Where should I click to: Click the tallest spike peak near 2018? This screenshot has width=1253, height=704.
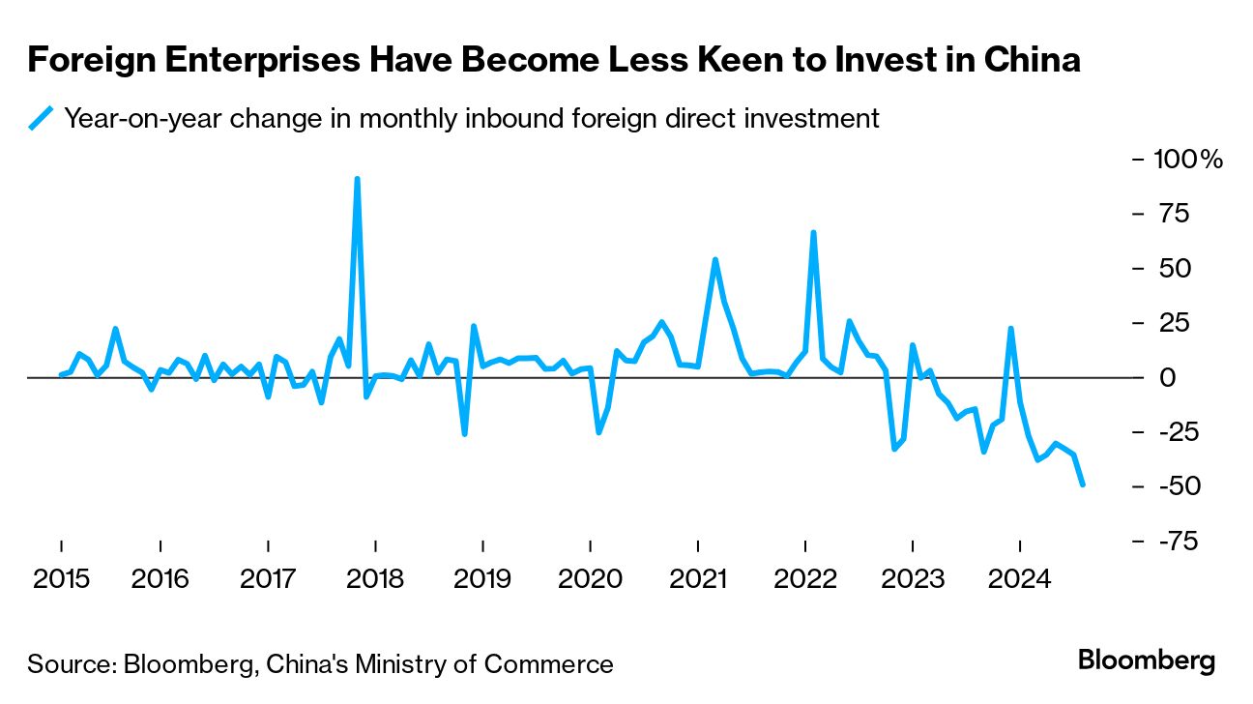pyautogui.click(x=358, y=179)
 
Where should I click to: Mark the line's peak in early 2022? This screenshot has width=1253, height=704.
pyautogui.click(x=813, y=232)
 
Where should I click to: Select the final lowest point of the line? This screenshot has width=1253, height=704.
pyautogui.click(x=1082, y=484)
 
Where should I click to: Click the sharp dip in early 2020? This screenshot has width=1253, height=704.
pyautogui.click(x=598, y=432)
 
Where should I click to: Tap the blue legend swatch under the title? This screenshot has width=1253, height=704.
pyautogui.click(x=42, y=118)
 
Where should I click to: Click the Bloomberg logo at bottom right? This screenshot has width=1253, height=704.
pyautogui.click(x=1147, y=661)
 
